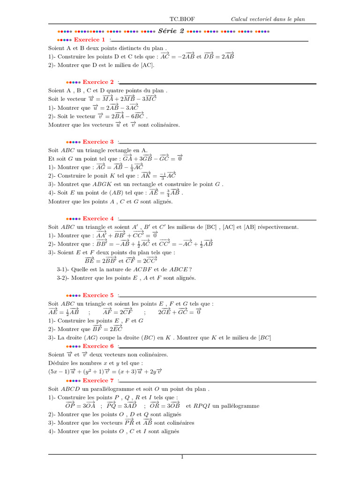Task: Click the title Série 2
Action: (171, 31)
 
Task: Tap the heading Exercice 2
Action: (98, 82)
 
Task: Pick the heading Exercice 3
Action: (98, 142)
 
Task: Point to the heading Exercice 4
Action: (98, 218)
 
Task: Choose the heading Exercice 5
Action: (98, 295)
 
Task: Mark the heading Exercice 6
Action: (98, 346)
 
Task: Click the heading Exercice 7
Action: (98, 380)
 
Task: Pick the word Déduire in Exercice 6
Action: (58, 363)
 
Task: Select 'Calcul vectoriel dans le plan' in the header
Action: (268, 19)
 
